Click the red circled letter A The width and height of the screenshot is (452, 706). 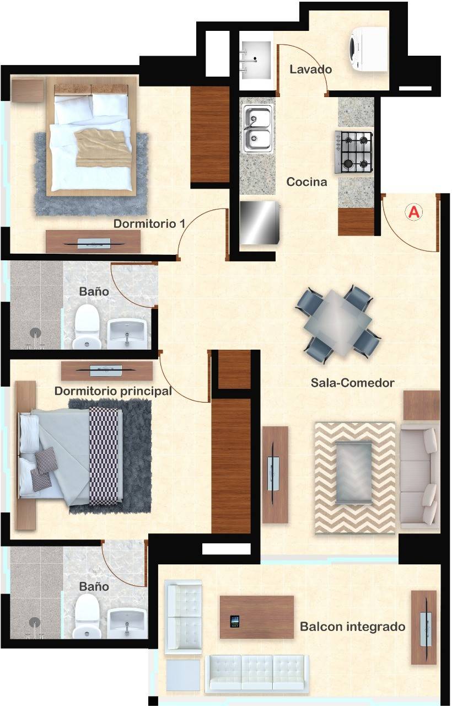click(414, 212)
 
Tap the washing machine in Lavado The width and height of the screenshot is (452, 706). click(368, 49)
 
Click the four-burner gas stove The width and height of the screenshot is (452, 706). click(354, 152)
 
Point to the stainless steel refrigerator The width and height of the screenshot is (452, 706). click(260, 222)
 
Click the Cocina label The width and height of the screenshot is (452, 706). click(306, 182)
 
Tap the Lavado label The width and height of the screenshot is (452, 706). click(310, 69)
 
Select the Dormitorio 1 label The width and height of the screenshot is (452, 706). click(149, 224)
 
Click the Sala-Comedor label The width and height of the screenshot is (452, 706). click(352, 383)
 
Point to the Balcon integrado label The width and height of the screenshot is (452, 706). click(352, 626)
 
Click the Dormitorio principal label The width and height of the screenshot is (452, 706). click(113, 391)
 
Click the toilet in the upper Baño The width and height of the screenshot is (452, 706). click(87, 326)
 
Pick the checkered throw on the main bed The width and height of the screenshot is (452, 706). click(106, 456)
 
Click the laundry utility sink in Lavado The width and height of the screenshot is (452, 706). click(255, 60)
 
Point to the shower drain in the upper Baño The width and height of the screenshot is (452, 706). click(36, 333)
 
